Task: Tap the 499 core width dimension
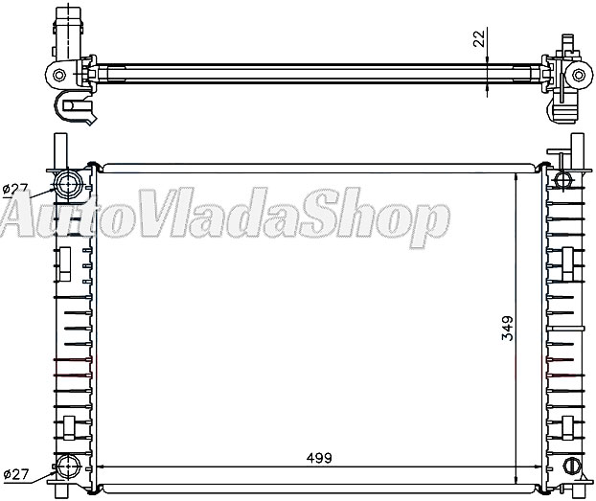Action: pyautogui.click(x=319, y=459)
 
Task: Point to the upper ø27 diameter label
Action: pyautogui.click(x=17, y=188)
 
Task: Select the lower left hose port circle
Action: pyautogui.click(x=69, y=467)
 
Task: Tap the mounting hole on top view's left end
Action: pyautogui.click(x=59, y=75)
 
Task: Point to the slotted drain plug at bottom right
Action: pyautogui.click(x=574, y=467)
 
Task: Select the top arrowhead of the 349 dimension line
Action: pyautogui.click(x=518, y=176)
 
